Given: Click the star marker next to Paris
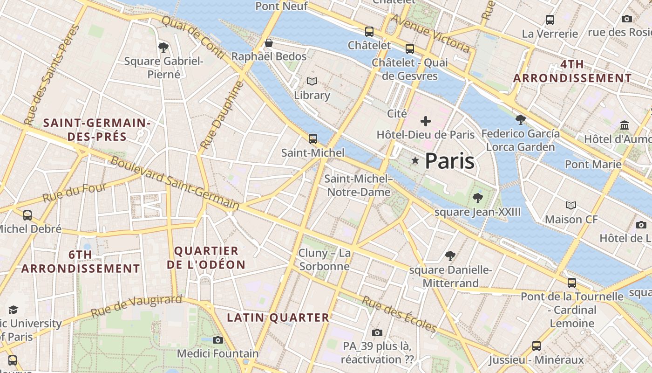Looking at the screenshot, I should point(415,160).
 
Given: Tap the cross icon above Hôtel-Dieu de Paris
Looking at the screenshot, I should point(425,121).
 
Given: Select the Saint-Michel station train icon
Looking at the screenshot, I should point(313,139).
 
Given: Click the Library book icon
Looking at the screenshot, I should point(312,82).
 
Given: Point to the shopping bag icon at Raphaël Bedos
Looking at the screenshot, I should point(269,43).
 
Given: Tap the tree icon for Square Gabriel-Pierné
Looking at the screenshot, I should point(163,47).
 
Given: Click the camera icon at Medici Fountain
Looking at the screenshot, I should point(217,340).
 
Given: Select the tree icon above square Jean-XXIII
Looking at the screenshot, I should point(477,198).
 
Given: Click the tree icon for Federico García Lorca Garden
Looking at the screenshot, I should point(521,120).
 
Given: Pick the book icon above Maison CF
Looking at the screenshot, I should point(570,205).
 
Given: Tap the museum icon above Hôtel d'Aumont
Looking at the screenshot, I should point(625,125).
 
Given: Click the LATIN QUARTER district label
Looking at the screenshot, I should point(278,318).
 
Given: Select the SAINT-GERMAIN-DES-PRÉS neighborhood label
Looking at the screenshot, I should point(97,130).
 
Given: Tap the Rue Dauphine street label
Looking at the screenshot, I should point(222,116).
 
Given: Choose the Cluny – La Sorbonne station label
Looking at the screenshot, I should point(325,260).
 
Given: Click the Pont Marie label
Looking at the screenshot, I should point(593,164).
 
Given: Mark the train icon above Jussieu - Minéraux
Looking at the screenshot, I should point(537,346).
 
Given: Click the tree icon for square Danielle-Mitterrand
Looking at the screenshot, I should point(450,256).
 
